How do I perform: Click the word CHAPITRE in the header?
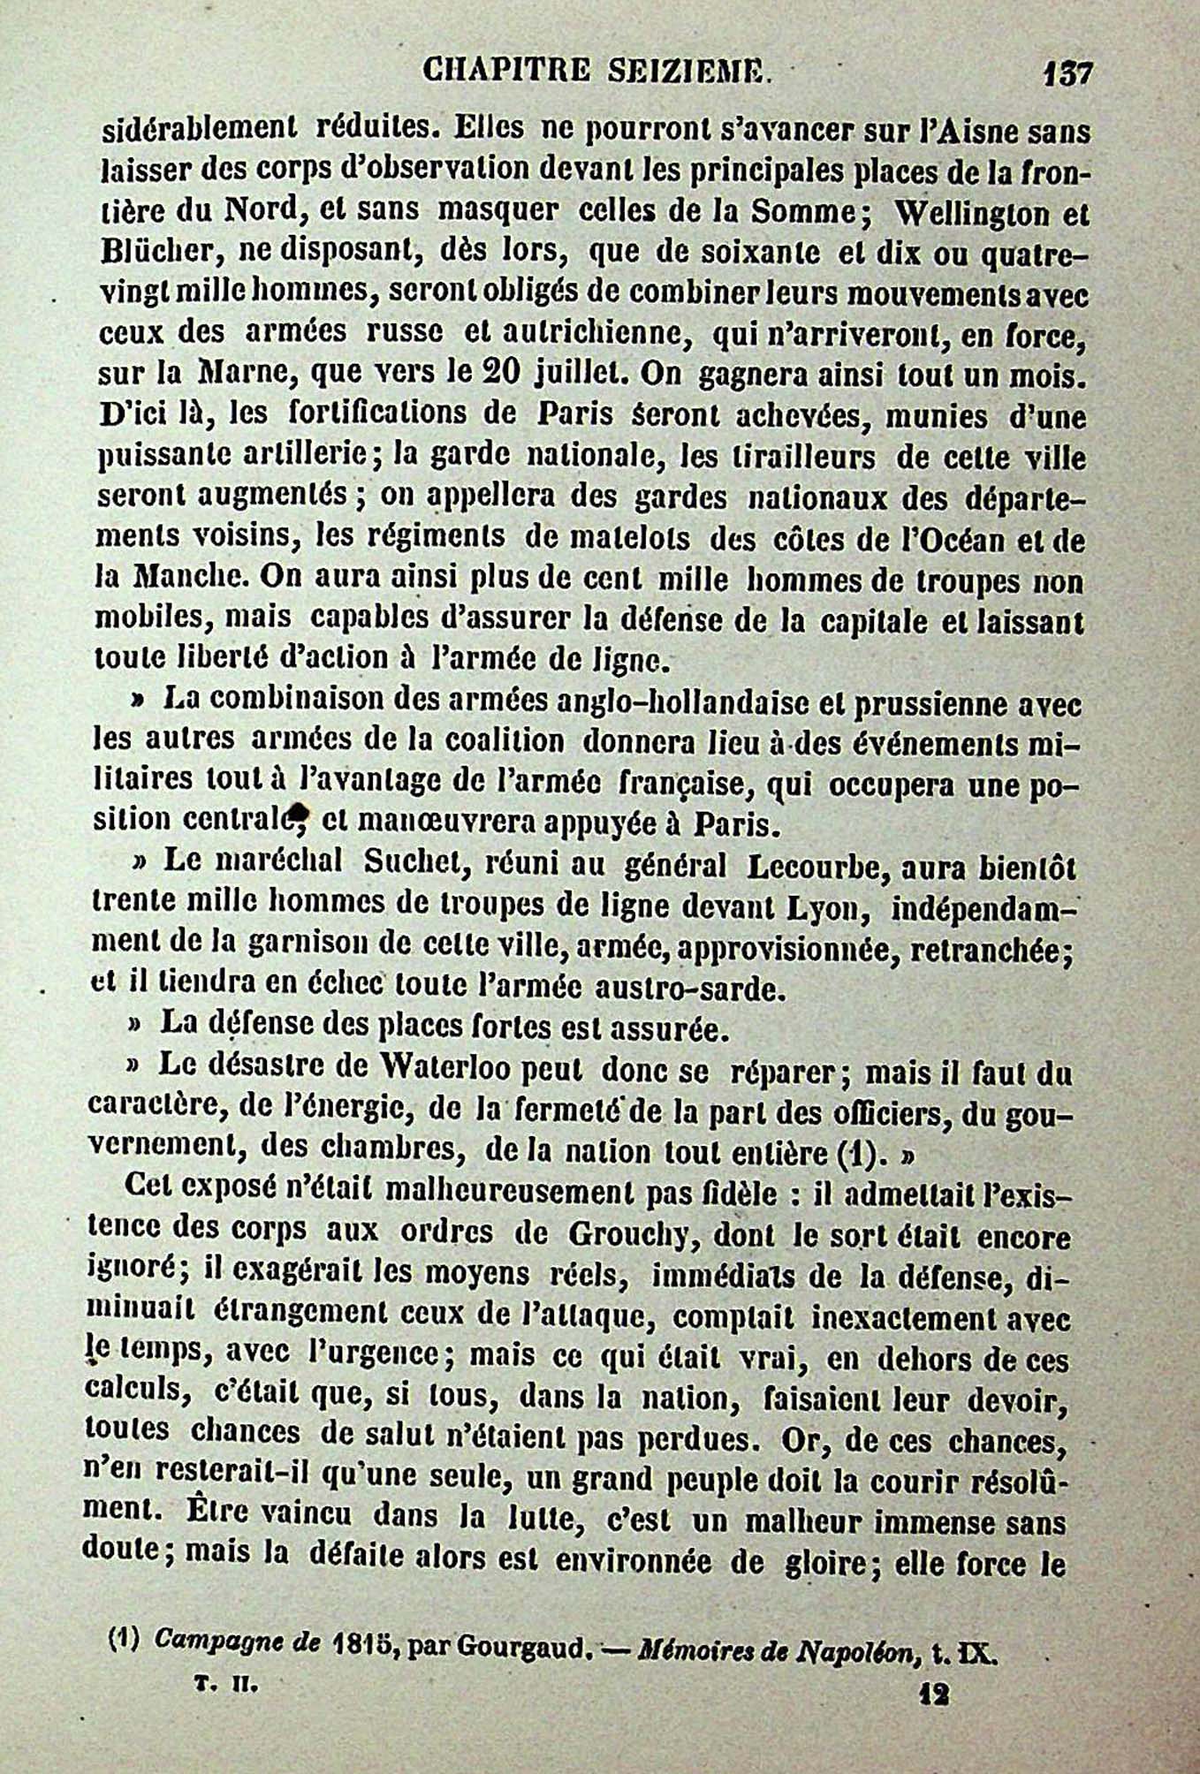[x=505, y=69]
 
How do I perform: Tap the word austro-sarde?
[x=703, y=989]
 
